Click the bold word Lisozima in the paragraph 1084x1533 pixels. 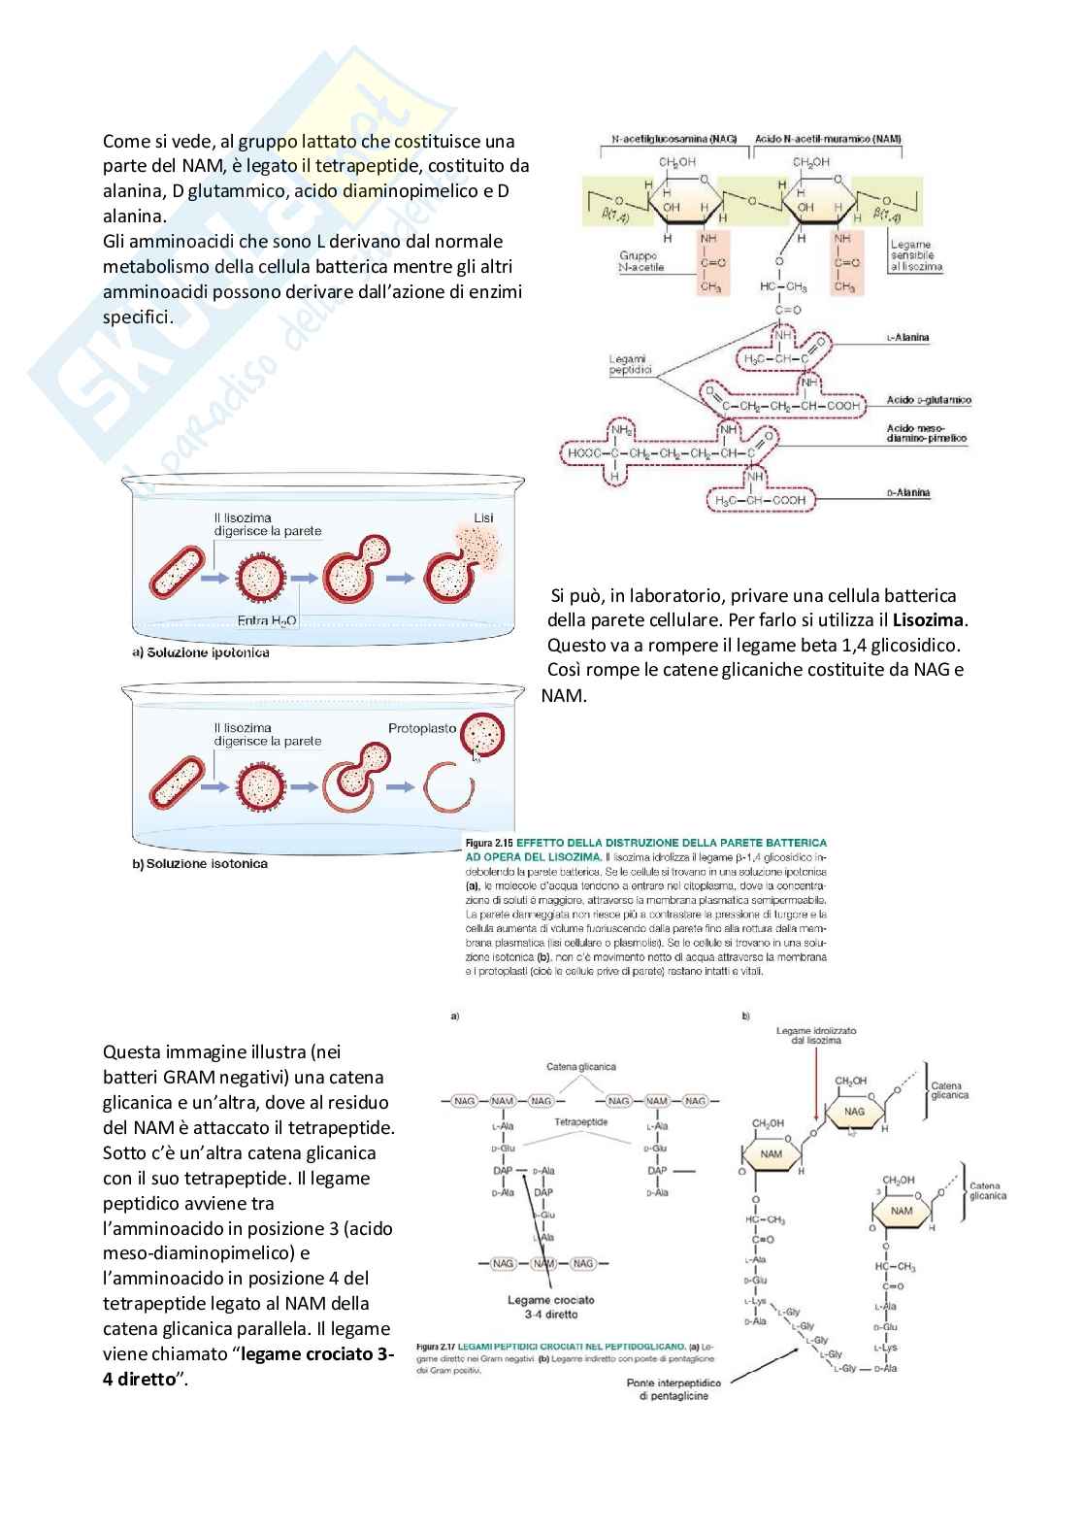tap(930, 619)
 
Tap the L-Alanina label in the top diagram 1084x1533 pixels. tap(907, 337)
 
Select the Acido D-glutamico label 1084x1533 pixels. tap(929, 399)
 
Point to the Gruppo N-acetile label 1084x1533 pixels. tap(641, 261)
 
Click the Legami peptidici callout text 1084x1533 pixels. tap(629, 363)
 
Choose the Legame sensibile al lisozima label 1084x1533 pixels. tap(915, 256)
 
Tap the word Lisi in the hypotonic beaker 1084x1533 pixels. tap(483, 517)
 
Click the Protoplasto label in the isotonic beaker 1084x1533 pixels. tap(421, 727)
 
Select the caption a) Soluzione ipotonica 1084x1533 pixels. tap(201, 652)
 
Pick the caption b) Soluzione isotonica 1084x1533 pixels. tap(200, 863)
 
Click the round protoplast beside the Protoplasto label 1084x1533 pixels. tap(482, 735)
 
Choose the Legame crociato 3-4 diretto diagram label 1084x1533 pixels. tap(551, 1306)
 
